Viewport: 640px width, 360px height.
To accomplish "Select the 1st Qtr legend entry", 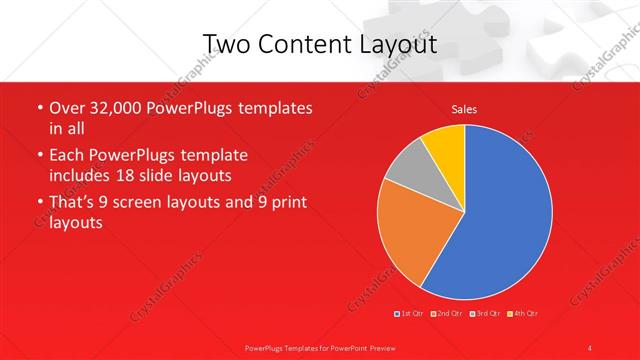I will [409, 314].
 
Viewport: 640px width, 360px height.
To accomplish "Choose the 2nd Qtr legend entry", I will [446, 314].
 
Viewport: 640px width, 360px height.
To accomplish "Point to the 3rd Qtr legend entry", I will [484, 314].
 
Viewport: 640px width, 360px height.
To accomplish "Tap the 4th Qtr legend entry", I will [522, 314].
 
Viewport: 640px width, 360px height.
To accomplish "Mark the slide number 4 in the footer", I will [589, 347].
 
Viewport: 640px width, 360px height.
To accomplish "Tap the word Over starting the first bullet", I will [67, 108].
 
